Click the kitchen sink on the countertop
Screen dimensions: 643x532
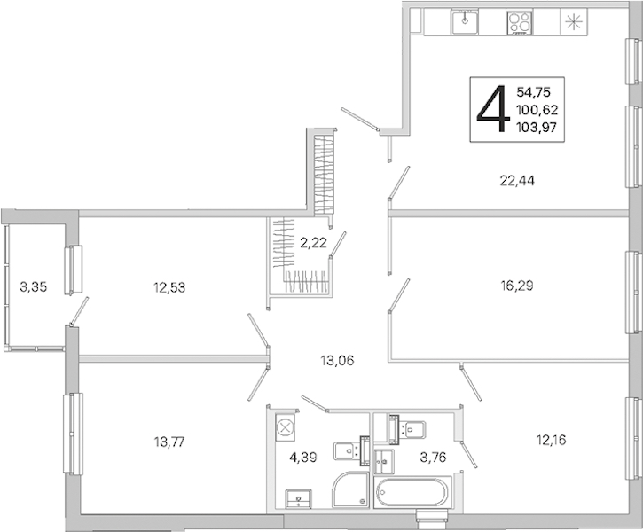465,22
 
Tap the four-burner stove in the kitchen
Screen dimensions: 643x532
520,22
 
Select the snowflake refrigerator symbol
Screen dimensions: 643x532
574,21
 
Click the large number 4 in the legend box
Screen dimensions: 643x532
492,109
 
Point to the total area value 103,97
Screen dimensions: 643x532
537,128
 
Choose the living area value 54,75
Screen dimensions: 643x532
533,92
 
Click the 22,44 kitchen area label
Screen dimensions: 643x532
517,180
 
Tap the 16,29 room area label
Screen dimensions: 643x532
516,286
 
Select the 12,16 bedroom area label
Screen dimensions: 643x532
551,440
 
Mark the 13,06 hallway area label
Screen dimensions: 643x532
337,361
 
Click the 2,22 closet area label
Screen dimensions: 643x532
313,243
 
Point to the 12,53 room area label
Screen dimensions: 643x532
169,287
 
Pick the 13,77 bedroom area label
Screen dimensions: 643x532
169,442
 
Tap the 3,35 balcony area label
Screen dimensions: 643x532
33,287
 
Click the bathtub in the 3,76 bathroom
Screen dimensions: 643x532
412,491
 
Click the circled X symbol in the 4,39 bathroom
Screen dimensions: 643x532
283,427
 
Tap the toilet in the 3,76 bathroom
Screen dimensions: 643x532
408,429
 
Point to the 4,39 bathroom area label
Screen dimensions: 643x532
303,457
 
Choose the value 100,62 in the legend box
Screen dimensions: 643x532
537,110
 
